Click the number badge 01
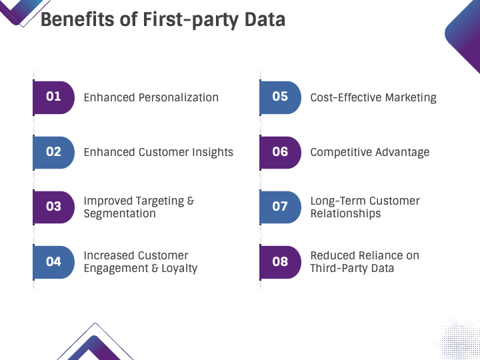(53, 97)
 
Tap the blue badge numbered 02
(53, 153)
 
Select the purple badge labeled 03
(53, 207)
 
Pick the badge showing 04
(53, 262)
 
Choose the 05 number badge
(280, 97)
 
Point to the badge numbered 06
(280, 153)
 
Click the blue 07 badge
(280, 207)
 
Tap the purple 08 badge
(280, 262)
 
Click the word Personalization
(179, 97)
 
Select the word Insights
(213, 153)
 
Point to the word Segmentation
(120, 214)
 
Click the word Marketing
(411, 98)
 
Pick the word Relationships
(345, 214)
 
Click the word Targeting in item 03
(159, 201)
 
